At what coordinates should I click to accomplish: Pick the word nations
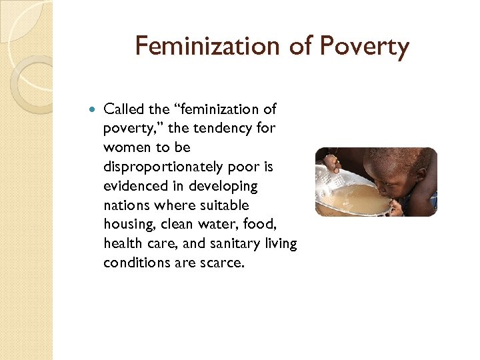127,205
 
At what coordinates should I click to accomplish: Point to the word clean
178,225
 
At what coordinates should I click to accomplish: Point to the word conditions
135,263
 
